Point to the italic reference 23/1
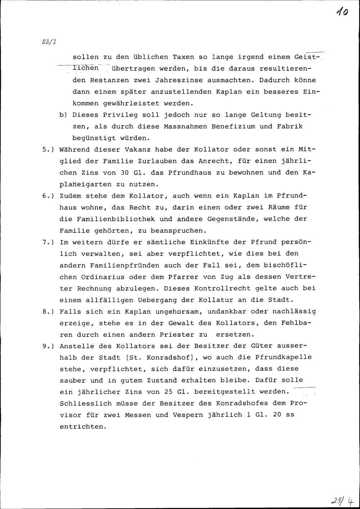click(x=49, y=41)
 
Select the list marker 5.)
click(x=48, y=149)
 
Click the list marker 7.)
click(x=48, y=242)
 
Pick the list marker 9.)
click(x=48, y=346)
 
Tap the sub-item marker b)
click(x=63, y=115)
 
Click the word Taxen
click(x=183, y=57)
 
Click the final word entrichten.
click(x=83, y=427)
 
